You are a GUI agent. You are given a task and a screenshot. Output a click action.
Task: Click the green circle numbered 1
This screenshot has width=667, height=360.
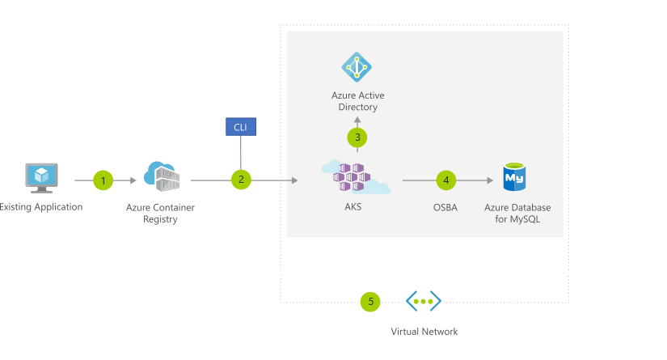(x=103, y=180)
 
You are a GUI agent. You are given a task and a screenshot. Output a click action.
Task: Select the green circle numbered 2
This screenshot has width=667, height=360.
(x=240, y=180)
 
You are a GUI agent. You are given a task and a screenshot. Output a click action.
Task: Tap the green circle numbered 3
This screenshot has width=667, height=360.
(x=357, y=138)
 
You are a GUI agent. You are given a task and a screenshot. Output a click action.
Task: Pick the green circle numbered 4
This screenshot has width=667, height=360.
(x=446, y=180)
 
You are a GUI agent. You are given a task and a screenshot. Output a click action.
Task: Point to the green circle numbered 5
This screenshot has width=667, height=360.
(x=371, y=302)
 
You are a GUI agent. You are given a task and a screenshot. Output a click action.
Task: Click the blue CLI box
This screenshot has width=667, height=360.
(x=240, y=126)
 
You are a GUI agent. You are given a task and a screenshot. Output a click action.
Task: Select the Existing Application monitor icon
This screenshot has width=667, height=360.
(x=40, y=176)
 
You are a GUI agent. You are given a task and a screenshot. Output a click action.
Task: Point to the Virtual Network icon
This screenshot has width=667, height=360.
(x=424, y=301)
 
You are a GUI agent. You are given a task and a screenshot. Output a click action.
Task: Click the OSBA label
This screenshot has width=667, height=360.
(x=445, y=208)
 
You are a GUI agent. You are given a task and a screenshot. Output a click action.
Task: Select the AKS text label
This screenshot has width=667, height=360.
(x=353, y=207)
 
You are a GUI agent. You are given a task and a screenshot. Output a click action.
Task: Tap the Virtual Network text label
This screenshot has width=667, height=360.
(x=424, y=332)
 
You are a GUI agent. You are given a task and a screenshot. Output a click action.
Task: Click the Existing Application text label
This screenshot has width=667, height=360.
(x=40, y=207)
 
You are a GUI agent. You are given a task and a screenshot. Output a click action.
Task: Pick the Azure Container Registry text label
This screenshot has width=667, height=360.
(x=160, y=214)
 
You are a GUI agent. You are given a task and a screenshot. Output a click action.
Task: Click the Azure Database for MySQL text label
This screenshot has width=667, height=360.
(x=517, y=214)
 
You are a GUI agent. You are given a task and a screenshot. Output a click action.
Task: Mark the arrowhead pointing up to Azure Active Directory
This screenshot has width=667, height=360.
(x=357, y=120)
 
